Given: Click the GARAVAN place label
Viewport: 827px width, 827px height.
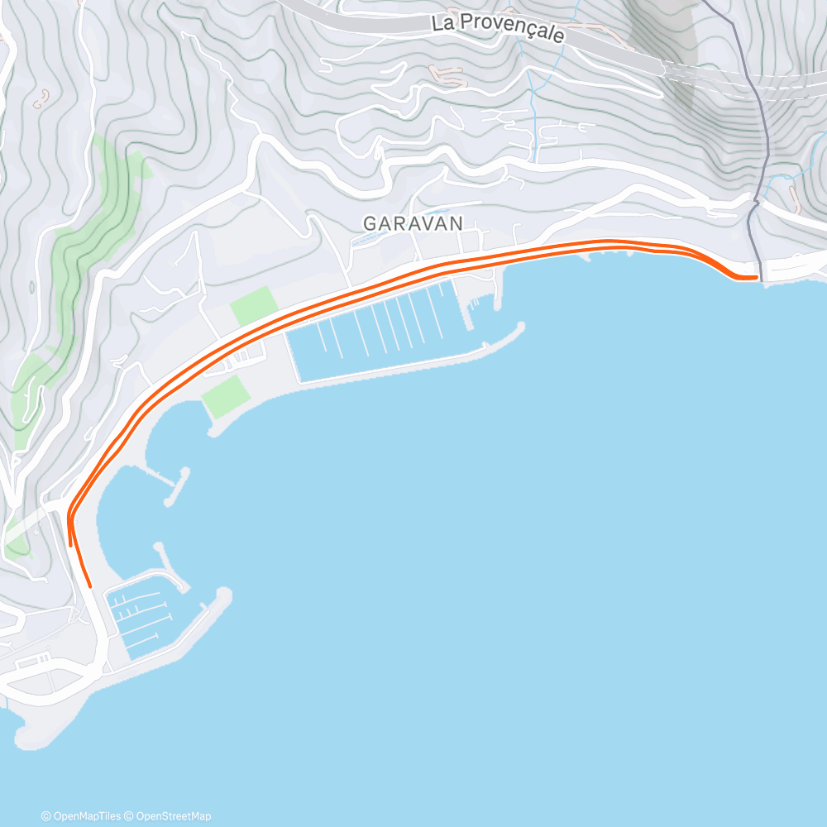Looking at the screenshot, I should pyautogui.click(x=413, y=224).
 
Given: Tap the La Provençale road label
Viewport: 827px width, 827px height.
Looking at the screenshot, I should pyautogui.click(x=498, y=29).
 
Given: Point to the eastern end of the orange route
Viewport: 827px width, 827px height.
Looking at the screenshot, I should pyautogui.click(x=756, y=277).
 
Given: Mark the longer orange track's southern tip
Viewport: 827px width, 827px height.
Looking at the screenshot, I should pyautogui.click(x=89, y=586).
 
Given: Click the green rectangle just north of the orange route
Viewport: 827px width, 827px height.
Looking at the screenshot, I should pyautogui.click(x=254, y=305).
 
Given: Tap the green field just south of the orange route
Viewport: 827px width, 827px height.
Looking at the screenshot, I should pyautogui.click(x=225, y=396).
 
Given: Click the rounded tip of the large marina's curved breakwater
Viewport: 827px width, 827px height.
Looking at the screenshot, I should pyautogui.click(x=520, y=327).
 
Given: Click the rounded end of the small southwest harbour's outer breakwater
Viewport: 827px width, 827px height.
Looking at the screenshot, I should pyautogui.click(x=223, y=595).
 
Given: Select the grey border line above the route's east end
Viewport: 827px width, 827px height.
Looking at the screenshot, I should pyautogui.click(x=759, y=240).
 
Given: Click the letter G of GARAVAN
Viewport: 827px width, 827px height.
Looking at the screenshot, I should pyautogui.click(x=369, y=224).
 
